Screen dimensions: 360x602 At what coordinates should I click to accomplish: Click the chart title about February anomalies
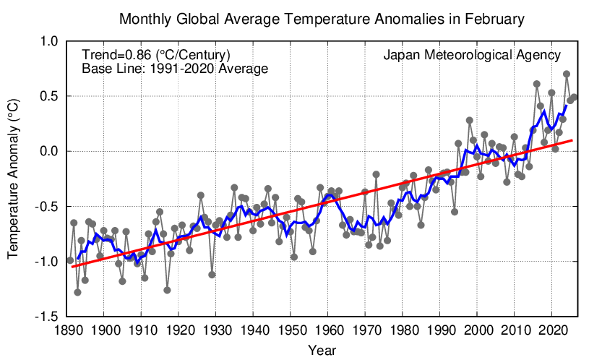coord(322,17)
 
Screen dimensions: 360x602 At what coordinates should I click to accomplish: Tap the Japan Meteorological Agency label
coord(472,55)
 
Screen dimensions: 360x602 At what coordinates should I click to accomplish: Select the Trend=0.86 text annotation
coord(156,55)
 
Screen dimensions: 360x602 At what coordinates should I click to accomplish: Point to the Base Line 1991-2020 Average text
coord(175,69)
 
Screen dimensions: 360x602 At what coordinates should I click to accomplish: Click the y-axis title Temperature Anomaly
coord(13,179)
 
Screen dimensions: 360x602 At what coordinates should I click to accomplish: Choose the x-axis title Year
coord(321,350)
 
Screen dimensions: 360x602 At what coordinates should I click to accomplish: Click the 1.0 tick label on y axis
coord(48,41)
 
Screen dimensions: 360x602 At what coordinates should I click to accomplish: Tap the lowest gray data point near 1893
coord(77,292)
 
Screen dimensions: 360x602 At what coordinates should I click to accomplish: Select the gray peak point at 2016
coord(537,84)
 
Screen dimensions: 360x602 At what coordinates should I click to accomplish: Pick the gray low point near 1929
coord(212,275)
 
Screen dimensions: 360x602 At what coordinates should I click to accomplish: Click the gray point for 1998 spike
coord(470,120)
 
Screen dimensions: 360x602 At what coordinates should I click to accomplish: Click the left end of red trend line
coord(70,267)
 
